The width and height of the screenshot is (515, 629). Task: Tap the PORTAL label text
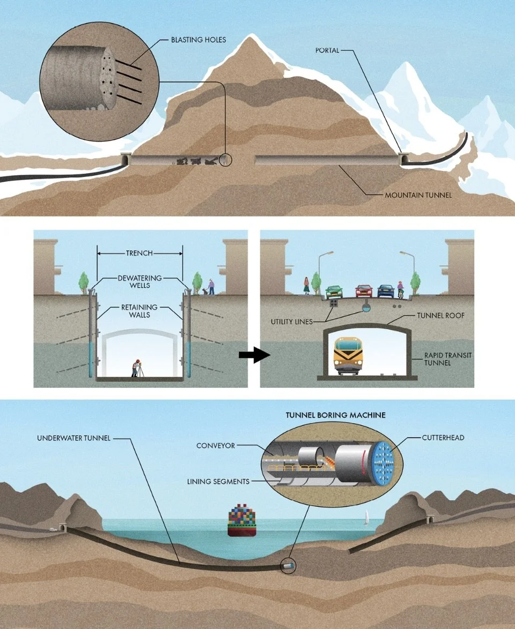point(327,51)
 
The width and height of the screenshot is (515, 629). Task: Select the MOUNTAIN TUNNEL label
point(418,195)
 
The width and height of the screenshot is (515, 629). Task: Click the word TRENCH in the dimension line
point(139,253)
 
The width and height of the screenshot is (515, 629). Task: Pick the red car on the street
point(363,291)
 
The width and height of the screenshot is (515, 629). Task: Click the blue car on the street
point(386,291)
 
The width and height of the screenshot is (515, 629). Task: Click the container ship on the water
point(242,521)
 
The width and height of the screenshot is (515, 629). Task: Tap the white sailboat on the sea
point(367,517)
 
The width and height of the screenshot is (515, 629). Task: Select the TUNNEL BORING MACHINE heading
point(335,415)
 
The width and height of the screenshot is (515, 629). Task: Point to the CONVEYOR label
point(216,446)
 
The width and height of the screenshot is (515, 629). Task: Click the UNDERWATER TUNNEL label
point(73,438)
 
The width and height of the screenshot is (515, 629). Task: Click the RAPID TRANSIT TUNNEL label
point(438,359)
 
